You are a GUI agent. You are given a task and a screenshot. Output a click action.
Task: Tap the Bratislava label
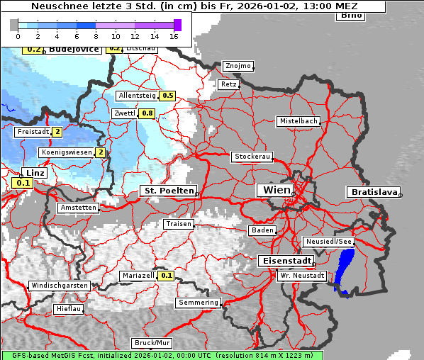click(372, 192)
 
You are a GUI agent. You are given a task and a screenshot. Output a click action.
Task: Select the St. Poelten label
click(167, 191)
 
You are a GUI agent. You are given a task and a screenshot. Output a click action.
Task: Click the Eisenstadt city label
click(283, 261)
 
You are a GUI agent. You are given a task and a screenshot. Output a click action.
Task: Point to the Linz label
click(34, 173)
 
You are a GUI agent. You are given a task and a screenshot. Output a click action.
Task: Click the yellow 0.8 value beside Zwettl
click(147, 113)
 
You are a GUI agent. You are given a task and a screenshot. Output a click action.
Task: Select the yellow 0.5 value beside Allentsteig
click(168, 96)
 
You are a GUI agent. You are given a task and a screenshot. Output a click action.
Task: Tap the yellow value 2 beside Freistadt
click(57, 132)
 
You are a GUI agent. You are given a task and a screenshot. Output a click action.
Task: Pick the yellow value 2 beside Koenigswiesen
click(101, 152)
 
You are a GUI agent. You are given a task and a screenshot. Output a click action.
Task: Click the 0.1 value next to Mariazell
click(166, 276)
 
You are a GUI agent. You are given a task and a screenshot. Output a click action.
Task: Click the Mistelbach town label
click(299, 121)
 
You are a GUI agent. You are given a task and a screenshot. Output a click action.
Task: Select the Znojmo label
click(238, 66)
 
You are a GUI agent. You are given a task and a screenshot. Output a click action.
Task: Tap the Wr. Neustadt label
click(302, 276)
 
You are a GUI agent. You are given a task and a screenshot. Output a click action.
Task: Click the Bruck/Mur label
click(152, 343)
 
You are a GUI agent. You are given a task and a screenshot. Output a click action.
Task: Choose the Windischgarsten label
click(59, 286)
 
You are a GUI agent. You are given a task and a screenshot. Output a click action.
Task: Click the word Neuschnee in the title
click(55, 6)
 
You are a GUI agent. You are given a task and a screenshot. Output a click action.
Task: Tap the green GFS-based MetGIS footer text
click(162, 355)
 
